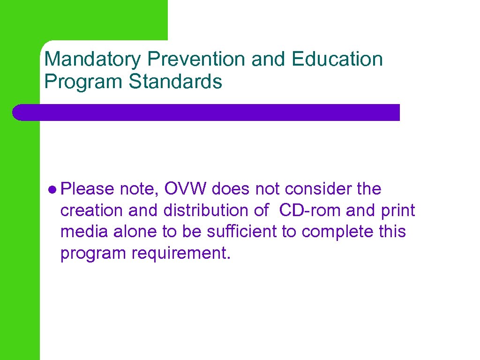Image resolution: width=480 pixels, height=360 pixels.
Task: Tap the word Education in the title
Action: coord(337,60)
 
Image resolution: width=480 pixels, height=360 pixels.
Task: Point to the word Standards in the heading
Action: coord(176,81)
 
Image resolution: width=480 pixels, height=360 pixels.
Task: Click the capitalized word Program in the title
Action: coord(84,81)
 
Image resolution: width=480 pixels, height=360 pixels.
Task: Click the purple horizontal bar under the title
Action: coord(206,112)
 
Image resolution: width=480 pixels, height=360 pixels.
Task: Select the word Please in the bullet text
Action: coord(87,189)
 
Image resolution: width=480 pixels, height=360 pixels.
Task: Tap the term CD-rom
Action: coord(310,210)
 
